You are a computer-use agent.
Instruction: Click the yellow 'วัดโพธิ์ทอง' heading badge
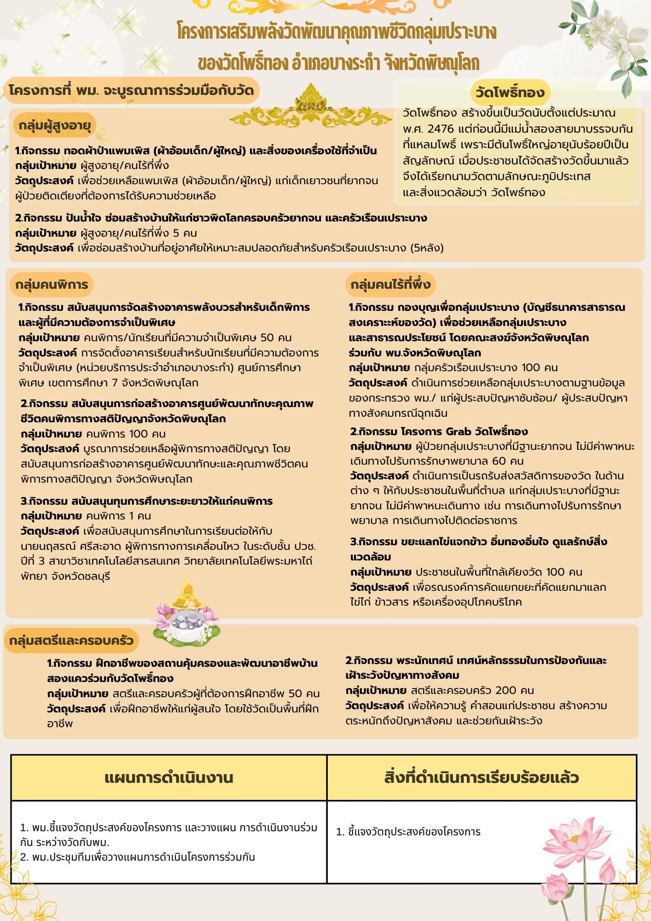pos(510,93)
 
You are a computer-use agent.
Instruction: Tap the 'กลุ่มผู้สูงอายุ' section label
pos(55,125)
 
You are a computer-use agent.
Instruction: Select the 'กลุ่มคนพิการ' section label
pos(51,285)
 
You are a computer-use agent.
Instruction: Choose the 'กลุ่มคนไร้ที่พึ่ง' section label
pos(390,285)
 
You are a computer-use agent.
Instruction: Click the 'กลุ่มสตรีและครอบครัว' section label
pos(71,641)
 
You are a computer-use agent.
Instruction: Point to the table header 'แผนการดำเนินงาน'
pos(169,778)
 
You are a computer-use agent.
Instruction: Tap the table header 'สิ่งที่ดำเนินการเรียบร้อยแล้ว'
pos(481,778)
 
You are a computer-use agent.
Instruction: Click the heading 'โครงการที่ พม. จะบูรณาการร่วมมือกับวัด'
pos(131,90)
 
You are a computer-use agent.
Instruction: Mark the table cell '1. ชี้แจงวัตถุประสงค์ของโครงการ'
pos(408,832)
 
